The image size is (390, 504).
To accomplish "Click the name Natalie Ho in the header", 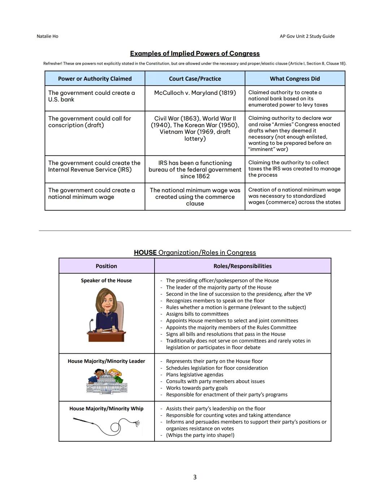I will pyautogui.click(x=47, y=36).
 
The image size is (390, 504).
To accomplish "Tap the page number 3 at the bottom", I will pyautogui.click(x=195, y=477).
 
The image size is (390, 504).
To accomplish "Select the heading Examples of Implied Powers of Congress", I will pyautogui.click(x=195, y=54).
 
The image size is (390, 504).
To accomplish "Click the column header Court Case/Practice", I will pyautogui.click(x=195, y=79).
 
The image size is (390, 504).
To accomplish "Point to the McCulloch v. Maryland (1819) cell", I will pyautogui.click(x=195, y=93).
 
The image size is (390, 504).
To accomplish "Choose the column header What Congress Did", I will pyautogui.click(x=295, y=79).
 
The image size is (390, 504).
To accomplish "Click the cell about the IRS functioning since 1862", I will pyautogui.click(x=195, y=170).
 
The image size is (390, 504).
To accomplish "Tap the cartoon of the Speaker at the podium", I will pyautogui.click(x=106, y=315).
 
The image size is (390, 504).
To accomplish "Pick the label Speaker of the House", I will pyautogui.click(x=106, y=281).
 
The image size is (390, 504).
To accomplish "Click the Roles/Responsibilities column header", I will pyautogui.click(x=242, y=266).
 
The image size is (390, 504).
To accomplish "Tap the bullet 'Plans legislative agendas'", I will pyautogui.click(x=195, y=375).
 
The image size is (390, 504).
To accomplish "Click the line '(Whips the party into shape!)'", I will pyautogui.click(x=200, y=435).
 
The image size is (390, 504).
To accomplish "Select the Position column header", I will pyautogui.click(x=106, y=266).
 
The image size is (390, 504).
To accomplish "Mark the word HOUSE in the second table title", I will pyautogui.click(x=145, y=253).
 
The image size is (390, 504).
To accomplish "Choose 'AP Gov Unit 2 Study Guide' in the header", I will pyautogui.click(x=307, y=36).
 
